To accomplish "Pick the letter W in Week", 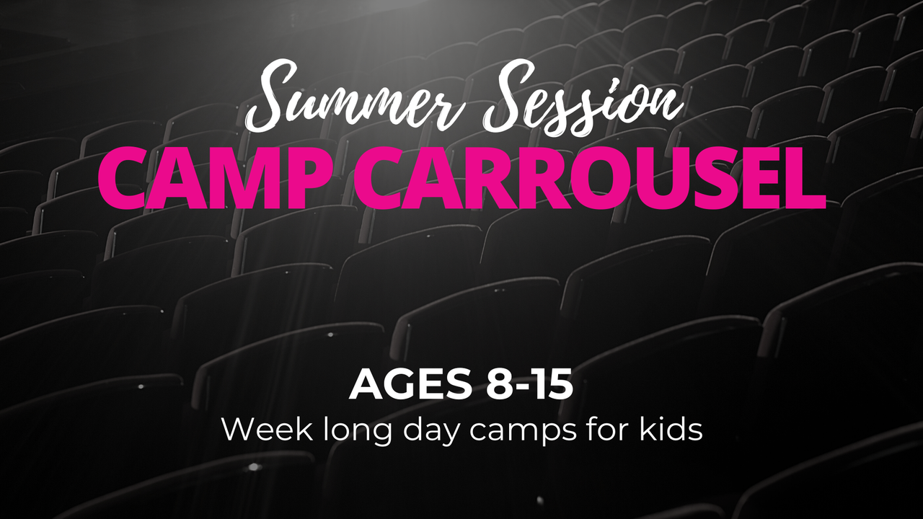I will (x=237, y=430).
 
